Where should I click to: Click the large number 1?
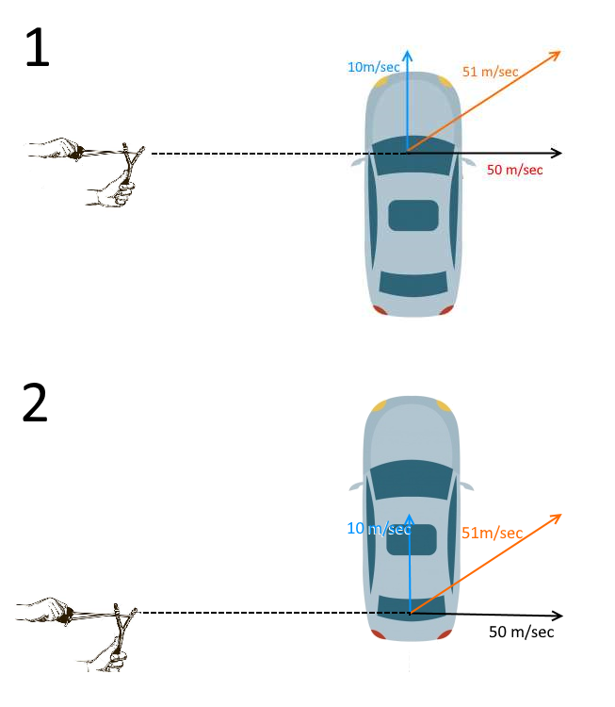[x=38, y=47]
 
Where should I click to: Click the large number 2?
[x=35, y=403]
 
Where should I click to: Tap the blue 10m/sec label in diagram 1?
[x=374, y=67]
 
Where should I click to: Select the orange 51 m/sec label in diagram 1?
[x=490, y=72]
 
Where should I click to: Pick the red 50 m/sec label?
[x=514, y=170]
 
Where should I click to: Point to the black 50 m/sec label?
[x=521, y=632]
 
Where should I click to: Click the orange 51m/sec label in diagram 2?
[x=492, y=533]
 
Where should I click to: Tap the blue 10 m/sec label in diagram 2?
[x=379, y=529]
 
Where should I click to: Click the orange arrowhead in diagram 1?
[x=555, y=55]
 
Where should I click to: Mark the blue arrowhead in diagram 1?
[x=408, y=55]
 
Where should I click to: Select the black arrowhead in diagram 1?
[x=557, y=153]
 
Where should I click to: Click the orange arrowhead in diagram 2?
[x=556, y=518]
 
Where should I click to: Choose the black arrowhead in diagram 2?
[x=558, y=616]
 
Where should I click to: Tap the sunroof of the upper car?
[x=413, y=216]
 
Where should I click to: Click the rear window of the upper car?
[x=413, y=284]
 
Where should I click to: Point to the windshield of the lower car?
[x=412, y=479]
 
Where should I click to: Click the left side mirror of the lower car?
[x=356, y=486]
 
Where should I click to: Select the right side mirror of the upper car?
[x=468, y=161]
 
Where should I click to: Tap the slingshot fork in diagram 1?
[x=132, y=156]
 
